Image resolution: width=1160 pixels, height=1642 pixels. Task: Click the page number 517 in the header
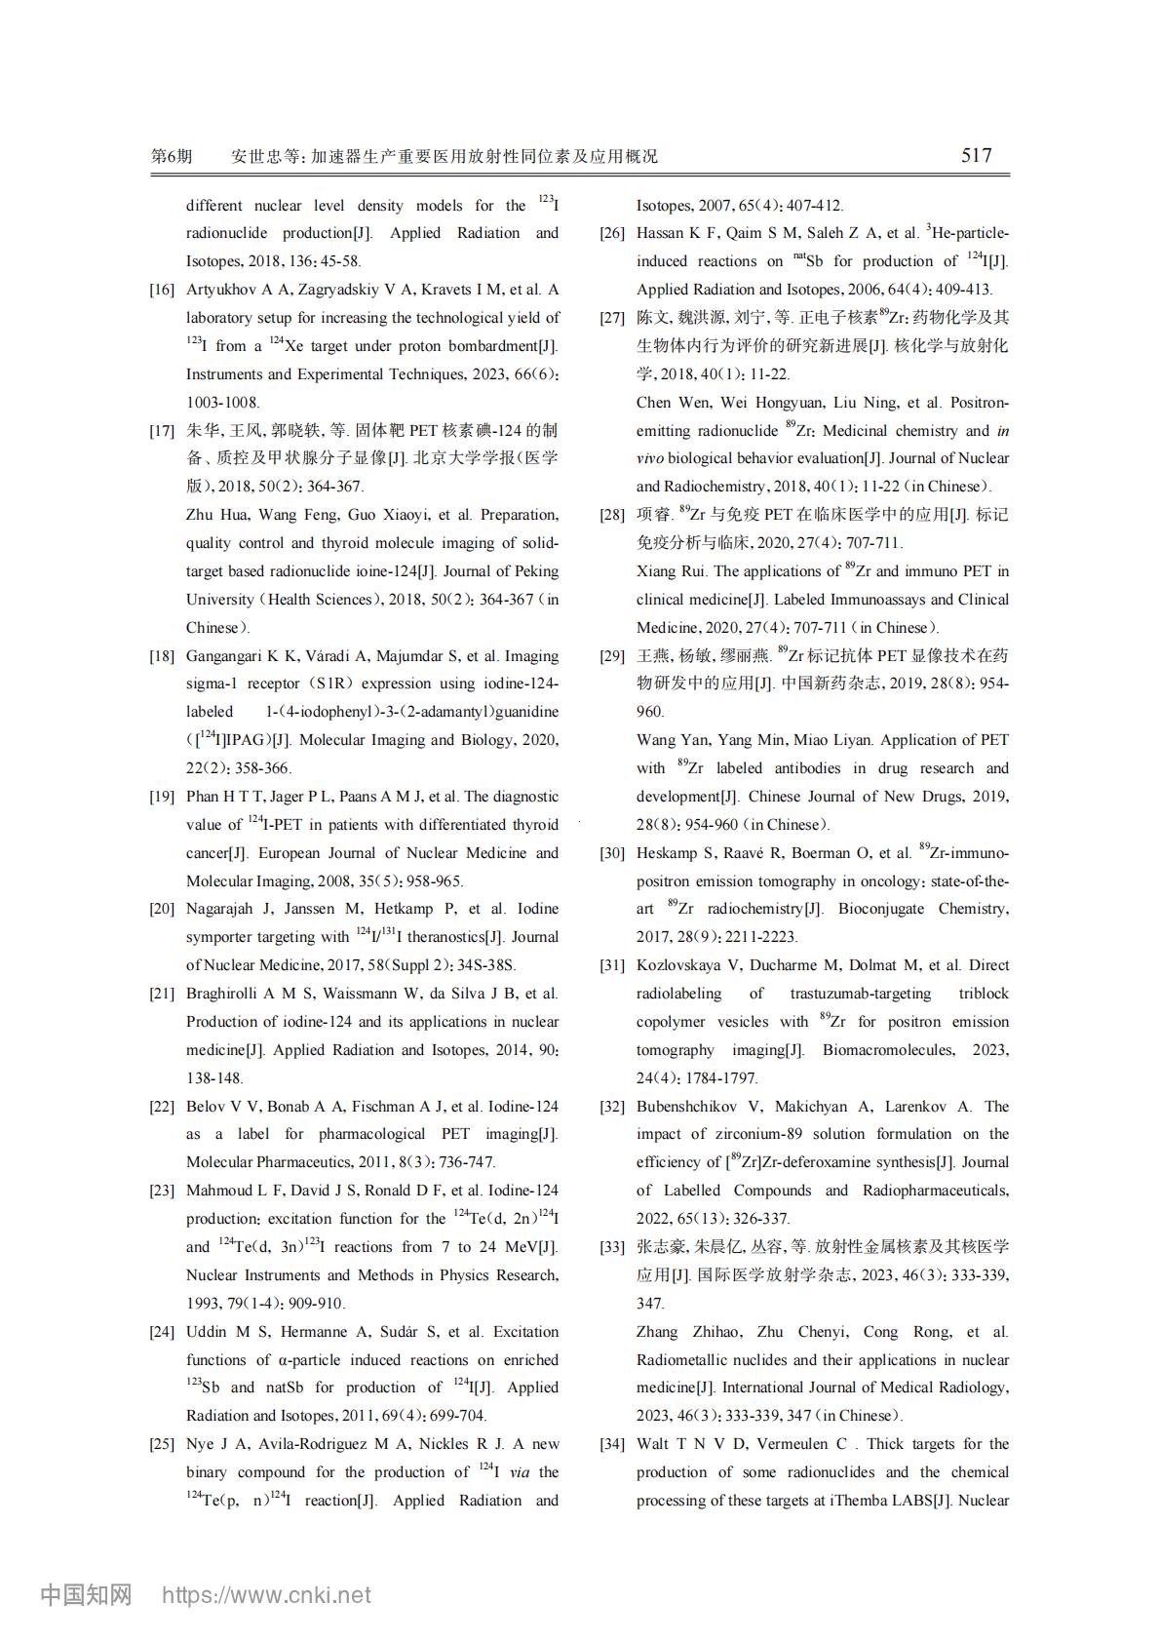pos(976,155)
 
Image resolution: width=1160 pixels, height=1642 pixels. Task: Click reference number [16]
pos(162,290)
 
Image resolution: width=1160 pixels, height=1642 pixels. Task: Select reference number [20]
pos(162,909)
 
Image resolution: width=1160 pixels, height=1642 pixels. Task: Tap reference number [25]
pos(162,1444)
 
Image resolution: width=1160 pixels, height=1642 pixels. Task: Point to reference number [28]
pos(612,515)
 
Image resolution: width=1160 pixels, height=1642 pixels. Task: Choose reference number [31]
pos(612,965)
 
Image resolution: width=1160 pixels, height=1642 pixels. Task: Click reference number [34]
pos(612,1444)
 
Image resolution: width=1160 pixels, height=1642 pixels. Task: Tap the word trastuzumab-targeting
pos(861,994)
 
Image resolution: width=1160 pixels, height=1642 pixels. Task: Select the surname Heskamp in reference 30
pos(667,853)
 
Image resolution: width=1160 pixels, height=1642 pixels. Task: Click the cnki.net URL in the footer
pos(266,1595)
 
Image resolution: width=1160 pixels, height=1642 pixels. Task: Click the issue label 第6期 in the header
pos(172,156)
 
